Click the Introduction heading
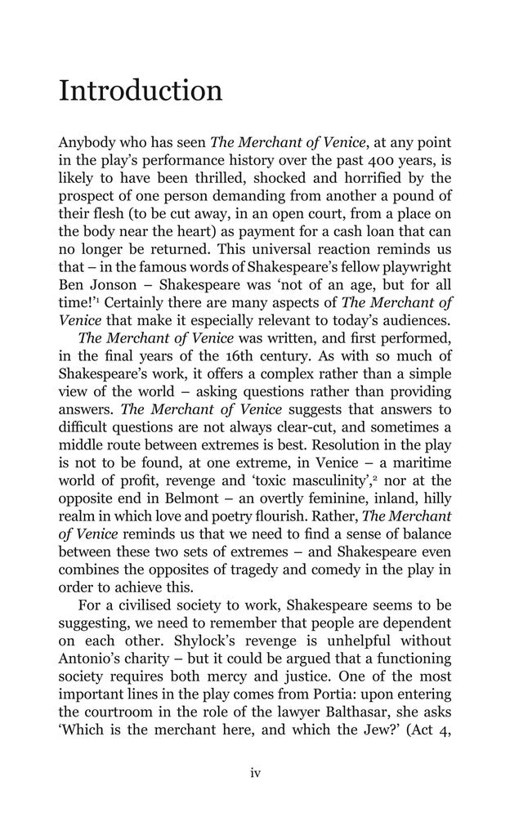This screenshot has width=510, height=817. (140, 91)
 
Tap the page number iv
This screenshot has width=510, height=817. (255, 773)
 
